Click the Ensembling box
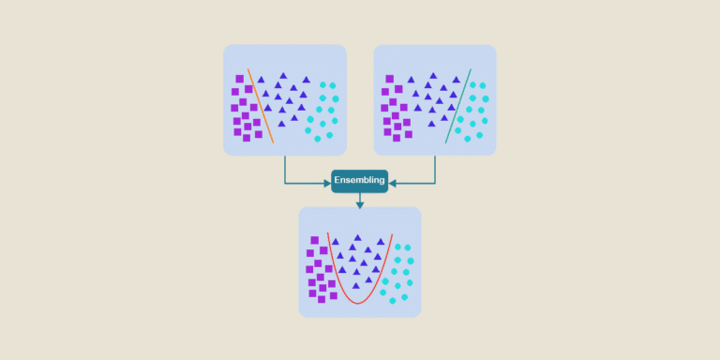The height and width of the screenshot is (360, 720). point(359,180)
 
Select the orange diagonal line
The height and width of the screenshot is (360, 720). point(260,104)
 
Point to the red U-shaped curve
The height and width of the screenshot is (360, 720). point(357,302)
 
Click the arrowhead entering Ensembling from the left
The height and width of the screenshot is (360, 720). point(326,181)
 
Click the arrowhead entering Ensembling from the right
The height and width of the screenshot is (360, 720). point(393,181)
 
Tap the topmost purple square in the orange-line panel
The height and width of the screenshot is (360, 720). point(240,79)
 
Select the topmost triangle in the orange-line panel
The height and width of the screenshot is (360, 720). point(283,75)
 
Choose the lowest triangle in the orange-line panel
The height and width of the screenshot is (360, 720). point(282,127)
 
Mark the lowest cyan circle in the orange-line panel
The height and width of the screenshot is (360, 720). point(317,139)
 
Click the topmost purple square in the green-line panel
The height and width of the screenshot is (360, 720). point(389,79)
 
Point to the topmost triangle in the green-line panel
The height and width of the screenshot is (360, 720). point(432,75)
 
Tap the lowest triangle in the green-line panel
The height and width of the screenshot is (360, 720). point(432,123)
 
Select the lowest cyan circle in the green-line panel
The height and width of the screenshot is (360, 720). point(466,139)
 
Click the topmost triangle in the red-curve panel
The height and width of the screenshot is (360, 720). point(357,238)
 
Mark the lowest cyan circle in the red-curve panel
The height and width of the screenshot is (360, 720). point(391,301)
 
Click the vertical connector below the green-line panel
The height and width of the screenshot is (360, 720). point(435,169)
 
